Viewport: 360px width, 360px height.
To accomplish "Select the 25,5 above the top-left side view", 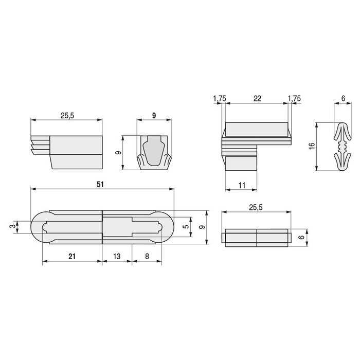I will pos(67,116).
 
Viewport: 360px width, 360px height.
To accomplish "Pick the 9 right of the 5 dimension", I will pos(203,227).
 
